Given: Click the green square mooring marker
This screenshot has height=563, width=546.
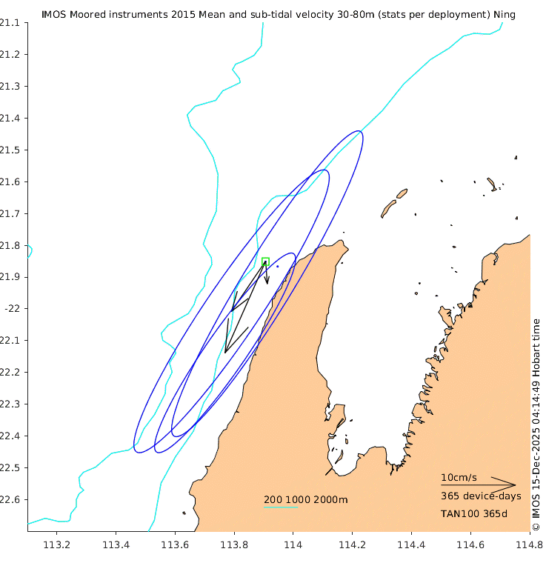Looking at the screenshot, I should pos(265,261).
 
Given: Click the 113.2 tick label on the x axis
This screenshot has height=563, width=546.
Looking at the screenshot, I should pos(57,546).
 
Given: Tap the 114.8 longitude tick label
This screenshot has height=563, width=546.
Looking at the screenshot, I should pos(529,546).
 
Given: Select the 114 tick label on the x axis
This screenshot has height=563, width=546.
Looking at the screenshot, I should pos(293,546).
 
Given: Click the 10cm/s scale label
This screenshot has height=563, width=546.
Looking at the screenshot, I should pos(459,477).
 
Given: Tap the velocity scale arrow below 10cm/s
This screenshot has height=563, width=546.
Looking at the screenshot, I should pos(478,485).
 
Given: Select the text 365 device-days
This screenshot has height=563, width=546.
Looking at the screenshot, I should pos(481,496).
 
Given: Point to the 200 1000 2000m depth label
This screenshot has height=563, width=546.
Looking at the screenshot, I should pos(305,499).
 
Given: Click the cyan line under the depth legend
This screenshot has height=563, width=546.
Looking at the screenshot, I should pos(281,507).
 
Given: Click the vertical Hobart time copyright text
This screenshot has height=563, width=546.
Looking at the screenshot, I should pos(536,424).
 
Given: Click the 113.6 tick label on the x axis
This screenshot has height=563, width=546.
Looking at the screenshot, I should pos(175,546).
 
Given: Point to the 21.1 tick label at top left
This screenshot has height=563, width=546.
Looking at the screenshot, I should pos(8,23).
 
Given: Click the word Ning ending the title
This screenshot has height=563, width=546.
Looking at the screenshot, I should pos(504,14).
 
